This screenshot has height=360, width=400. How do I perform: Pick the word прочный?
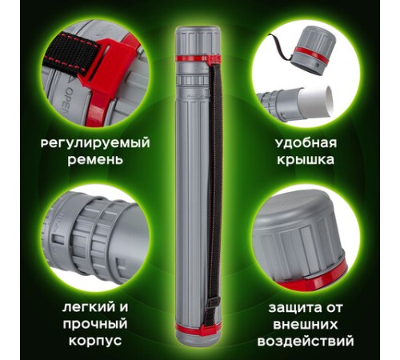pyautogui.click(x=95, y=324)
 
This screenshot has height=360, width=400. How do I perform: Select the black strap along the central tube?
pyautogui.click(x=212, y=184)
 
